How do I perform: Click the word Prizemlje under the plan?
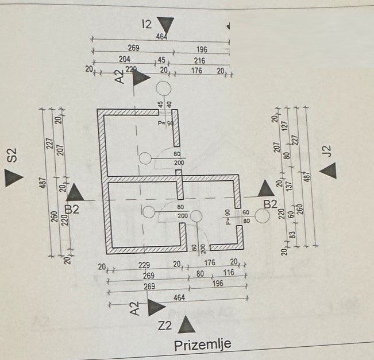pos(203,344)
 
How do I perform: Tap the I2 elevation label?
pos(146,24)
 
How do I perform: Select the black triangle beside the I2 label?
pos(166,25)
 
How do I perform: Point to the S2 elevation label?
pos(12,155)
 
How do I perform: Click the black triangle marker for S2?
pos(11,177)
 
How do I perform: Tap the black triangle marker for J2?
pos(328,170)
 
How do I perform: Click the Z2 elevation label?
pos(165,327)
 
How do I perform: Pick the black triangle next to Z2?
pos(184,326)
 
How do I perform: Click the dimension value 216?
pos(199,60)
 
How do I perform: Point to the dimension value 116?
pos(228,274)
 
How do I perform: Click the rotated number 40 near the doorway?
pos(169,105)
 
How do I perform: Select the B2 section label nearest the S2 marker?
pos(73,209)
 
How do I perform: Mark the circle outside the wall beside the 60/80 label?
pos(263,216)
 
